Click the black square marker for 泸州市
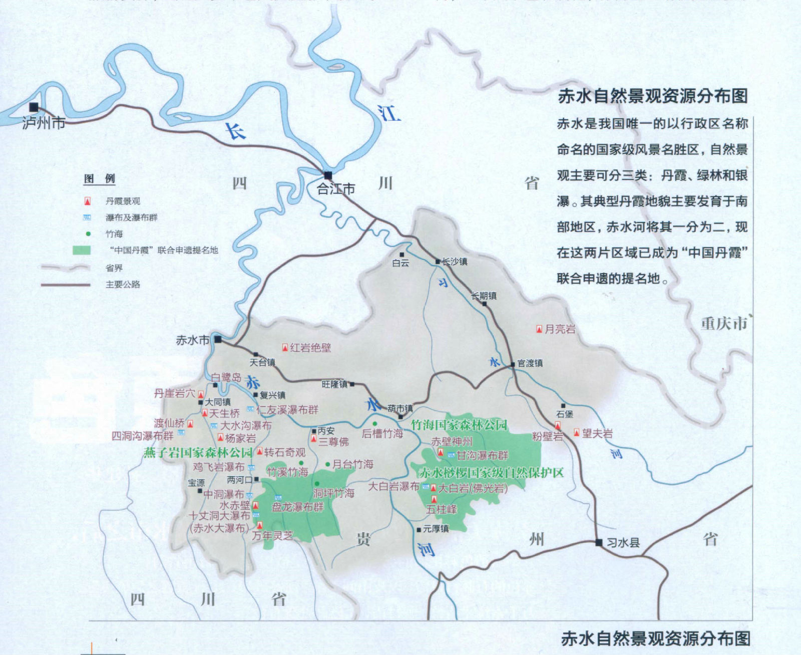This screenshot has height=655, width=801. coord(34,107)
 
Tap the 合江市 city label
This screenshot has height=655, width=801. coord(336,189)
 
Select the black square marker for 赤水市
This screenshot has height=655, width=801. coord(218,339)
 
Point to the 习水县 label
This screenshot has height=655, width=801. coord(623,542)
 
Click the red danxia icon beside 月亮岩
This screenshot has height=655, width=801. coord(539,329)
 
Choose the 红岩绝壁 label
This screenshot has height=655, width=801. coord(310,347)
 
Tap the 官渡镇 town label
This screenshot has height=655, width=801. coord(530,363)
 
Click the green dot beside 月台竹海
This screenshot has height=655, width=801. coord(327,465)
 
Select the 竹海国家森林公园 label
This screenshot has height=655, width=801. coord(459,425)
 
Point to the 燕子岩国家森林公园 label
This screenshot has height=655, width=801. coord(198,453)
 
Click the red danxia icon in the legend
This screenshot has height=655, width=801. coord(88,201)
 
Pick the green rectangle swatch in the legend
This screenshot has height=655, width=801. coord(82,250)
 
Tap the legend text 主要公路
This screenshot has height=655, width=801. coord(123,284)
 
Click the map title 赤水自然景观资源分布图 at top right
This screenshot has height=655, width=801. coord(653,96)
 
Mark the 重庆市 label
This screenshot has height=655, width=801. coord(724,323)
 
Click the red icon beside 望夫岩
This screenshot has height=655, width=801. coord(577,432)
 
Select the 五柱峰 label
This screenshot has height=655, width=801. coord(442,509)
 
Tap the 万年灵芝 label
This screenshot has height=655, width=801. coord(272,535)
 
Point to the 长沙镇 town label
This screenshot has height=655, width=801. coord(455,261)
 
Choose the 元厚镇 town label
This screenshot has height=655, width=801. coord(436,529)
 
